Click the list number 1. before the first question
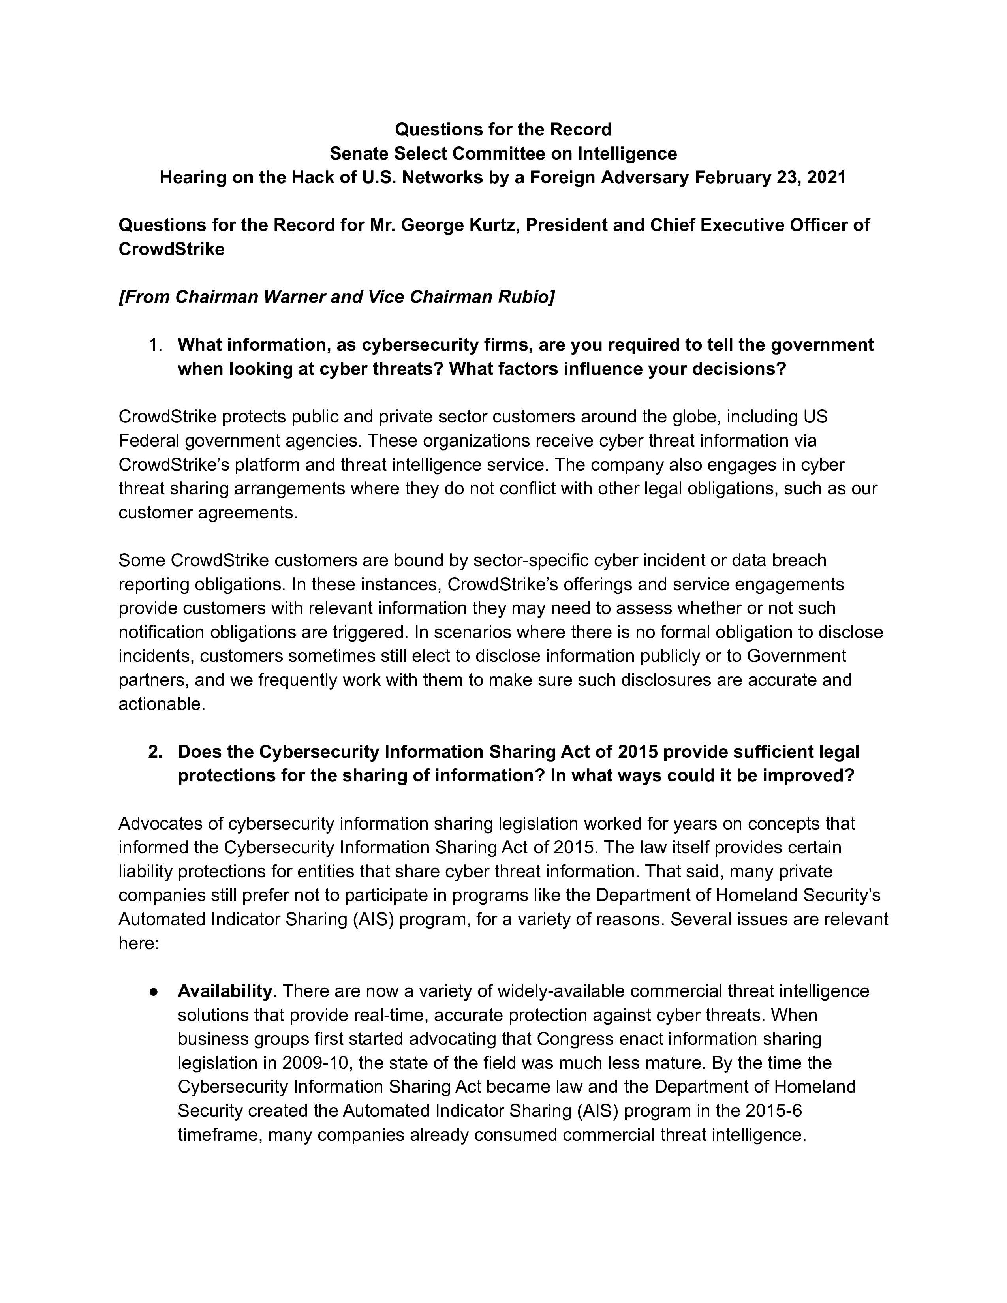(155, 345)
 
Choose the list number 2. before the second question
(155, 752)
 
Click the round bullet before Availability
(154, 991)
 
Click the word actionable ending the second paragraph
(161, 704)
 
